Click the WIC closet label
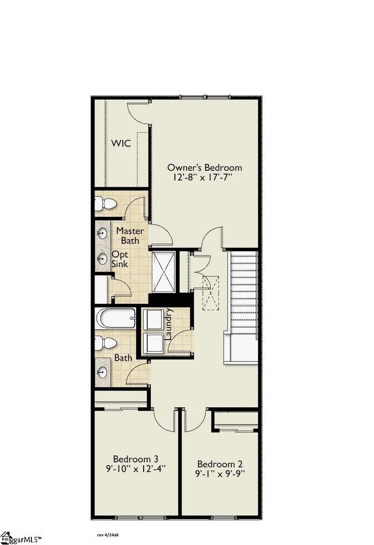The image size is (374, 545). (121, 144)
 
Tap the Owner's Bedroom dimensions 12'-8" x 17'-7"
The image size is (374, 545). (202, 178)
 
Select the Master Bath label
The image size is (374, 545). (130, 236)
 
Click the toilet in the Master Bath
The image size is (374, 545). (106, 203)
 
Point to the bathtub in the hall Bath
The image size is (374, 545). (115, 318)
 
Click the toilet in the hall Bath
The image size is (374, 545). (106, 343)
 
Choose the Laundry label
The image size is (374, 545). (169, 324)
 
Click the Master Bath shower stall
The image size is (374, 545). (164, 272)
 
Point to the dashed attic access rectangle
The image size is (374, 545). (210, 293)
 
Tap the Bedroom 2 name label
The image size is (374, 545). (220, 464)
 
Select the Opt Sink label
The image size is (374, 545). (120, 259)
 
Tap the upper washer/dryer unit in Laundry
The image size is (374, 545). (153, 319)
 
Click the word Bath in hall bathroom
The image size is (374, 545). (123, 358)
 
